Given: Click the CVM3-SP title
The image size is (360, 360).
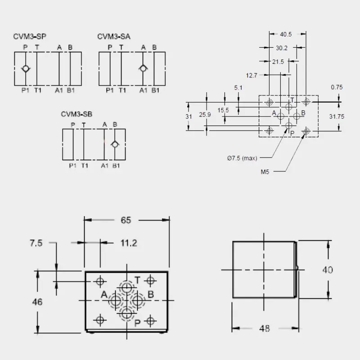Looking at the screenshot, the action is (30, 36).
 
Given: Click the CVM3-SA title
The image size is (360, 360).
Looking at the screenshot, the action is (114, 36).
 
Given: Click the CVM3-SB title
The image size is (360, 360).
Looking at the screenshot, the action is (76, 114).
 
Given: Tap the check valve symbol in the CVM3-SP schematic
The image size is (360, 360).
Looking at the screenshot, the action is (26, 68).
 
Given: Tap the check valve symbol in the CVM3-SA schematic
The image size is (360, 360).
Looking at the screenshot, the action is (143, 68).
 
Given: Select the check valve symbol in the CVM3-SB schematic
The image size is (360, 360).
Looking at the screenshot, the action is (115, 144).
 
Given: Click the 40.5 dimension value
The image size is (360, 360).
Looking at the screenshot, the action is (286, 34).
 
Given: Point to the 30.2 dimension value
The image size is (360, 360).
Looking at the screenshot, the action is (282, 48).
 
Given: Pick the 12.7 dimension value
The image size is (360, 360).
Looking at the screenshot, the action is (252, 75).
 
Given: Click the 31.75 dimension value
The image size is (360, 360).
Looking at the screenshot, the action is (337, 117).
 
